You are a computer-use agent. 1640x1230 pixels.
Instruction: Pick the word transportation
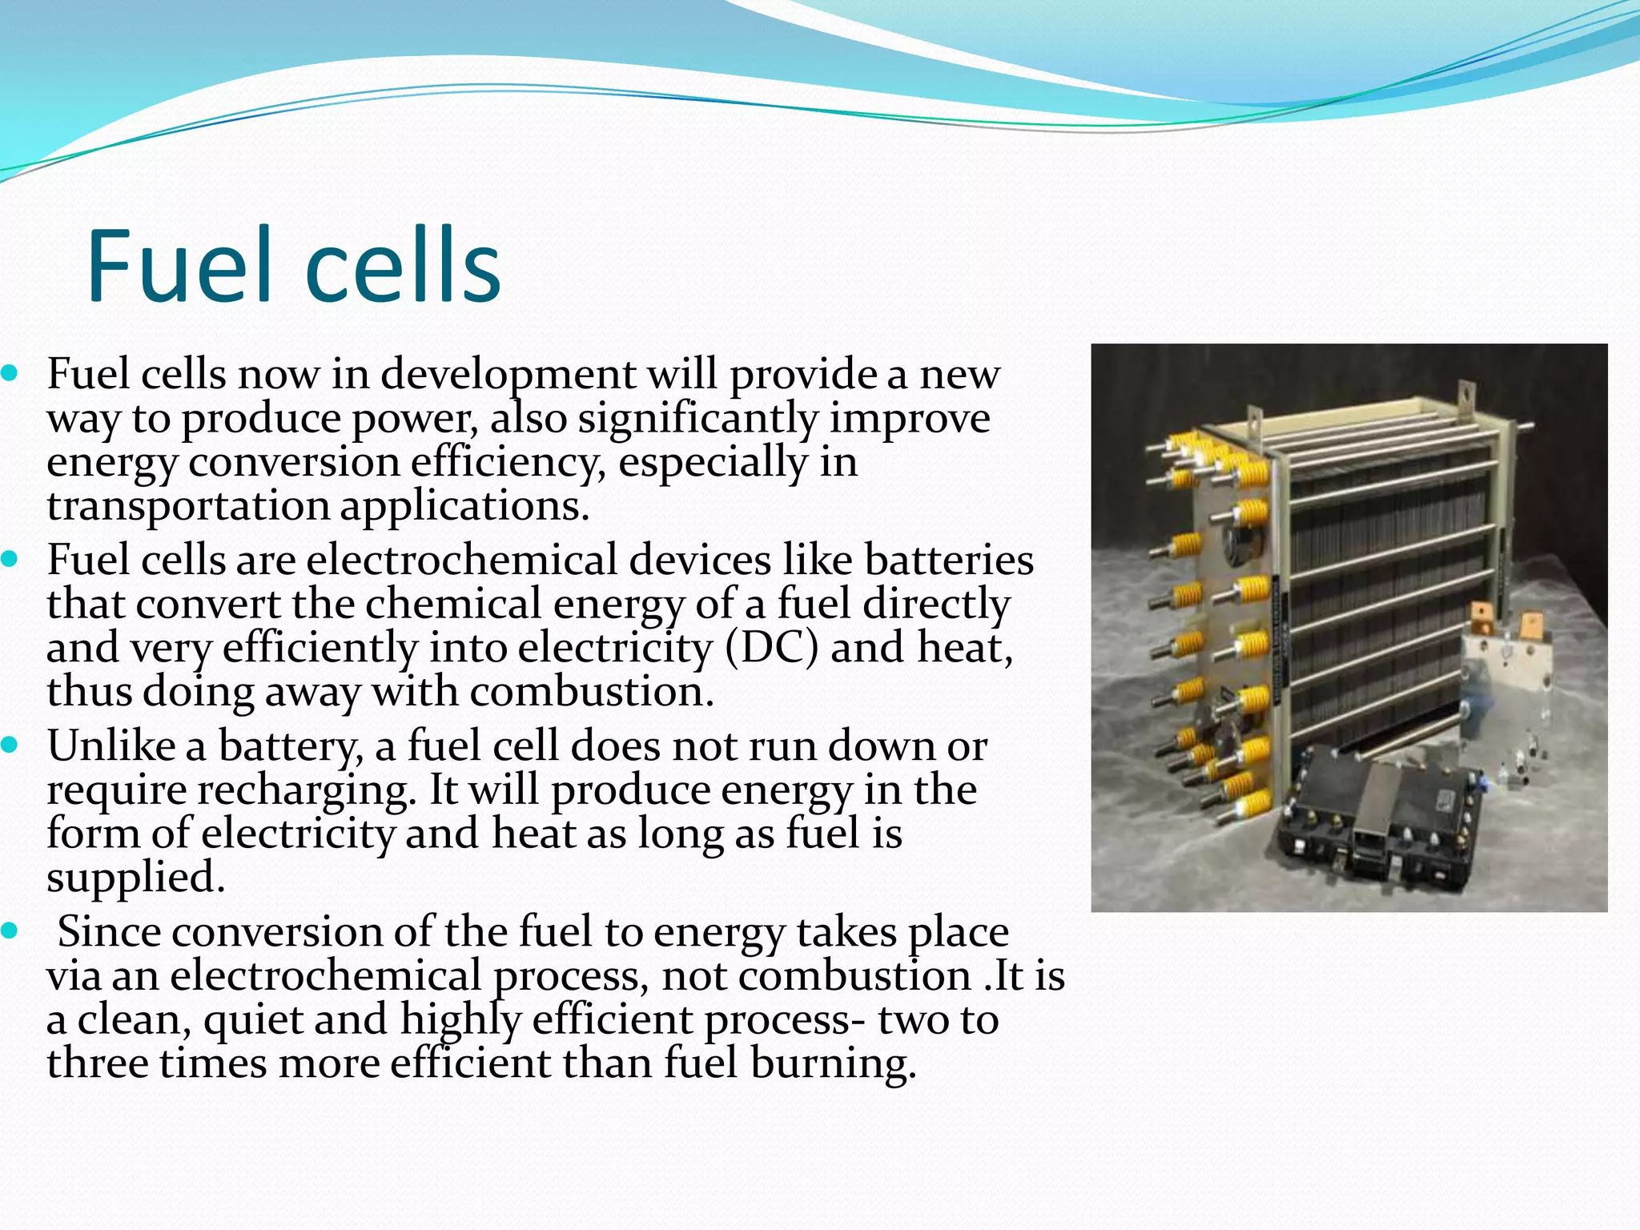187,506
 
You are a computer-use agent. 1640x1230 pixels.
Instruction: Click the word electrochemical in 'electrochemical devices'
461,560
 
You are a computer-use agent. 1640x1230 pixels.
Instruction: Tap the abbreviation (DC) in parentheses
772,647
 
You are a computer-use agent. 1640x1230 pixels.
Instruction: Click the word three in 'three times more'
97,1063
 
